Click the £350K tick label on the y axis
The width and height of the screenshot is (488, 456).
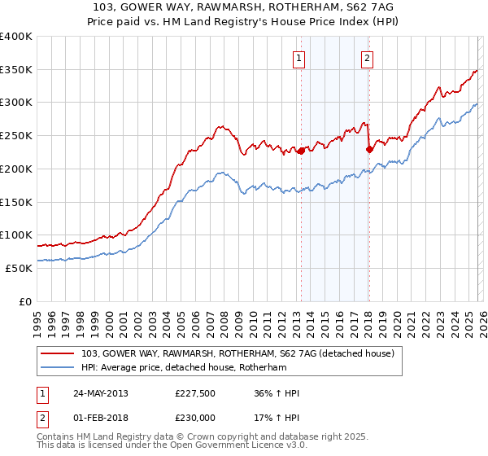pyautogui.click(x=16, y=70)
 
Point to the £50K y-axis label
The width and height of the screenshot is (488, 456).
pyautogui.click(x=19, y=268)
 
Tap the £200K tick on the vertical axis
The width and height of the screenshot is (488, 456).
pyautogui.click(x=16, y=169)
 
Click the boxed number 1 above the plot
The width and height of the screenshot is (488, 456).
pyautogui.click(x=299, y=58)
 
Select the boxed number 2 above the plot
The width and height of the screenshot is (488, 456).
pyautogui.click(x=368, y=58)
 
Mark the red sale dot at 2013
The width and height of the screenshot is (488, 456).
pyautogui.click(x=301, y=151)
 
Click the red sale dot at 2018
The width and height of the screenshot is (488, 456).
pyautogui.click(x=368, y=149)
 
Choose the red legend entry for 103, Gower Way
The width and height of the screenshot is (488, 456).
pyautogui.click(x=237, y=353)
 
